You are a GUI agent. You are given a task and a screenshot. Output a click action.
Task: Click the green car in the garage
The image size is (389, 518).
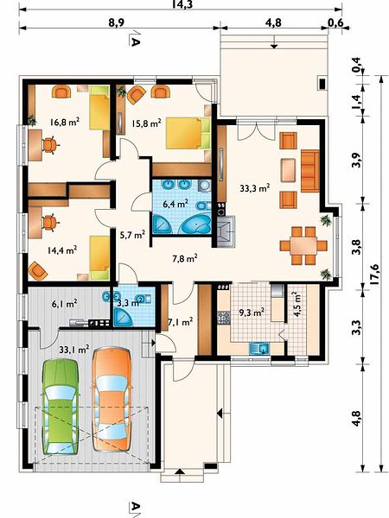tap(61, 407)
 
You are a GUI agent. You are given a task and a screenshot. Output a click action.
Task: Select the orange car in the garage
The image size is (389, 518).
tap(112, 399)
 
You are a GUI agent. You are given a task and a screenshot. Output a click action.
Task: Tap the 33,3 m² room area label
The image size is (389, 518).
tap(254, 188)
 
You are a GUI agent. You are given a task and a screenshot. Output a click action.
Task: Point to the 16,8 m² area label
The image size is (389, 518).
tap(64, 122)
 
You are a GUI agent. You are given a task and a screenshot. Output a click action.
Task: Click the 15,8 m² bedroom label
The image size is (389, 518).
tap(146, 123)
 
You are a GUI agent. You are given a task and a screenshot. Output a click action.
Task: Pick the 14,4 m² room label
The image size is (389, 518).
tap(62, 250)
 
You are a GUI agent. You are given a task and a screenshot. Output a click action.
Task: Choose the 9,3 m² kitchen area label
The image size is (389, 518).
tap(251, 312)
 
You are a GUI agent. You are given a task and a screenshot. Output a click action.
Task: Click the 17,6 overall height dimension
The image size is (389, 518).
tap(374, 274)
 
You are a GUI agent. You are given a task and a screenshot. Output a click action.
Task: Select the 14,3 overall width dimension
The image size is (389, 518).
tap(182, 4)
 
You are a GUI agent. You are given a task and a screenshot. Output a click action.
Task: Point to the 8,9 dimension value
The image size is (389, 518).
tap(117, 22)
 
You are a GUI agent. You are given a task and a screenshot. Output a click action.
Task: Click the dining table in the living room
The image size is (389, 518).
tap(303, 246)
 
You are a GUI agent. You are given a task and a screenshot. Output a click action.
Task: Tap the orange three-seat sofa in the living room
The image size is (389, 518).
tap(310, 171)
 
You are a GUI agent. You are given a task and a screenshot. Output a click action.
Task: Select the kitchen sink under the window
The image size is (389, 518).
tap(259, 348)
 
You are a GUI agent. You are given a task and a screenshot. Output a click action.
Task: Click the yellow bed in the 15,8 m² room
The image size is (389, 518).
tap(188, 133)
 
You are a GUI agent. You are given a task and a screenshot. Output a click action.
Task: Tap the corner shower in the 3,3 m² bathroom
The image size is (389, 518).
tap(123, 317)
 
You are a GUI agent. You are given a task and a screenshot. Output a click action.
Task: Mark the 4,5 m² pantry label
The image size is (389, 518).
tap(297, 305)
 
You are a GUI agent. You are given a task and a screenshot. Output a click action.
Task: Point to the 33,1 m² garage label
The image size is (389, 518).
tap(74, 349)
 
